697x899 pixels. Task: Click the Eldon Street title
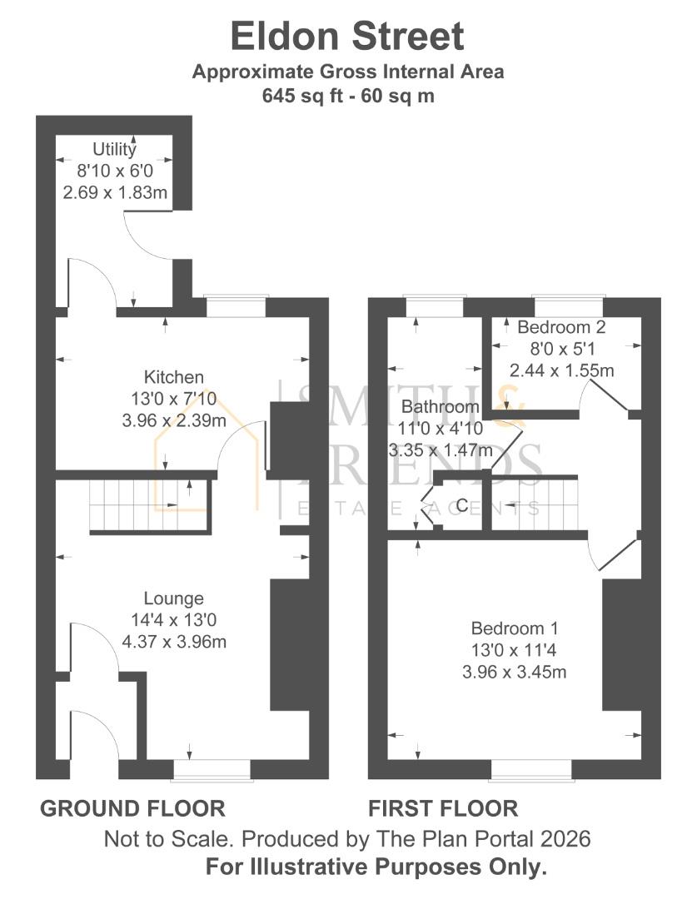tap(347, 36)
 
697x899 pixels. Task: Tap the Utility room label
tap(114, 149)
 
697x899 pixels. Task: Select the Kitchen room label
tap(174, 377)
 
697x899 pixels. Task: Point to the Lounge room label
tap(174, 599)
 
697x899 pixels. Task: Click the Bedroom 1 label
tap(515, 628)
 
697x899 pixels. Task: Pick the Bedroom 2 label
tap(561, 327)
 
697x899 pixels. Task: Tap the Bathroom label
tap(441, 406)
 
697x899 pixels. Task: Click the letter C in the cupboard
tap(462, 505)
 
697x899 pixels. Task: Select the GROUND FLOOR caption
tap(132, 808)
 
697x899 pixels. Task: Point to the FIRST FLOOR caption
tap(444, 808)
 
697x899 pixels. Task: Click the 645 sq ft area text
tap(302, 95)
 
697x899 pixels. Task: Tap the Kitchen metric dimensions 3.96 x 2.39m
tap(174, 420)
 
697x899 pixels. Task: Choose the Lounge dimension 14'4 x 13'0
tap(174, 620)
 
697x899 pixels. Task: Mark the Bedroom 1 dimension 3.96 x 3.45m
tap(515, 672)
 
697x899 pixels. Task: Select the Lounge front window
tap(212, 770)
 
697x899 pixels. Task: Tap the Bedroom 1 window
tap(532, 770)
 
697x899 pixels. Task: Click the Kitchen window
tap(236, 306)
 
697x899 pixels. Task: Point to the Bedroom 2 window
tap(569, 306)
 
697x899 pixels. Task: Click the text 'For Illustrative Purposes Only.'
tap(376, 866)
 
